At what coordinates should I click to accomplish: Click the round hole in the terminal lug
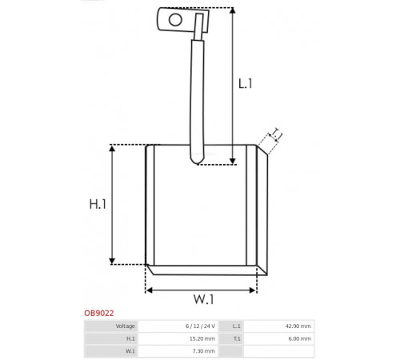click(x=175, y=20)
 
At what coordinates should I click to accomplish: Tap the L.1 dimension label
click(x=245, y=84)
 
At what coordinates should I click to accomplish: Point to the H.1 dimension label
click(x=98, y=204)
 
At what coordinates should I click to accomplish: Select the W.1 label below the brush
click(x=204, y=299)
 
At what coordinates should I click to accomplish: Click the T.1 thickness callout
click(x=277, y=134)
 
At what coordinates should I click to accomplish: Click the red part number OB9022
click(x=99, y=313)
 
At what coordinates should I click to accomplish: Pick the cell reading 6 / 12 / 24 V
click(x=200, y=326)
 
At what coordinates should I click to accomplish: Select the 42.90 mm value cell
click(x=298, y=326)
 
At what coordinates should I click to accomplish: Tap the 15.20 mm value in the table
click(x=202, y=338)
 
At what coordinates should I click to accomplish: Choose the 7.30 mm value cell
click(x=204, y=351)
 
